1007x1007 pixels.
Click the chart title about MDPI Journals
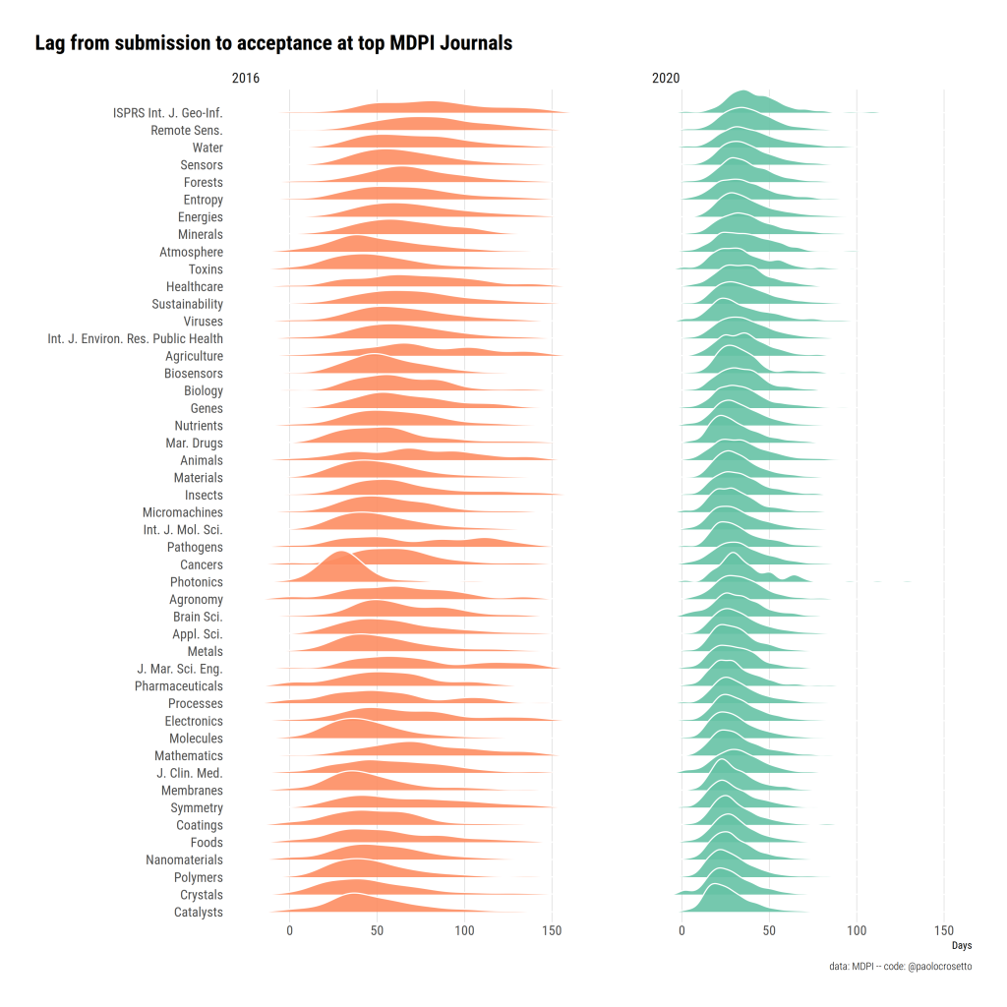coord(273,44)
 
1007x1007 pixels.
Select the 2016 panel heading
coord(246,79)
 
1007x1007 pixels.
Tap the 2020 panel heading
coord(666,79)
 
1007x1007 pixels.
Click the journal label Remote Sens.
coord(187,131)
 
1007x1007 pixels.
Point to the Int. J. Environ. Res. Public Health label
coord(136,339)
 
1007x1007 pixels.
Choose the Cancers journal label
coord(202,565)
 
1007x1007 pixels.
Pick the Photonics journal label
coord(197,582)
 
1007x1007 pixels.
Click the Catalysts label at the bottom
coord(198,913)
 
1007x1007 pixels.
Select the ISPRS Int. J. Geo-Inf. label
coord(168,113)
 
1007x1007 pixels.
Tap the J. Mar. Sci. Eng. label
coord(180,670)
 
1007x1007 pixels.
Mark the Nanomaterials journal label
coord(185,860)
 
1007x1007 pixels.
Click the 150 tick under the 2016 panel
coord(552,930)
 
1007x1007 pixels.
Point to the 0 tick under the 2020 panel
coord(681,930)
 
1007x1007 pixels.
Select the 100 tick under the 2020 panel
coord(857,930)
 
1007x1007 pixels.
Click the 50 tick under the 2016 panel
coord(377,930)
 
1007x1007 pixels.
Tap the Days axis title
coord(962,946)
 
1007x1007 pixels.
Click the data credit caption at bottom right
coord(901,968)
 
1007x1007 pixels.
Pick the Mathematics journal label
coord(189,756)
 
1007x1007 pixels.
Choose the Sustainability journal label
coord(188,305)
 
